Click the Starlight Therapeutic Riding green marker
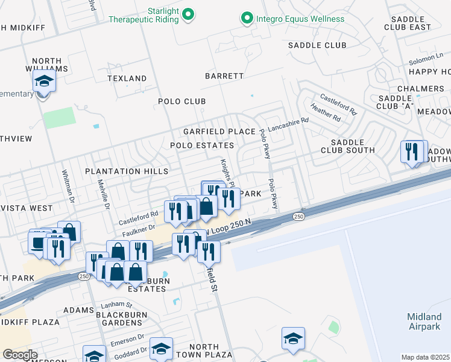[x=188, y=13]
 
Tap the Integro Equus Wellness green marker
[x=247, y=19]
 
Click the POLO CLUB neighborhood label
[x=182, y=101]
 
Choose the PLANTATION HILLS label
[x=127, y=171]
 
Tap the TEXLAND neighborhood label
[x=127, y=78]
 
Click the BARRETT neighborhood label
[x=224, y=76]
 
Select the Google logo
[x=20, y=354]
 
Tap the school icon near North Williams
[x=44, y=81]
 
